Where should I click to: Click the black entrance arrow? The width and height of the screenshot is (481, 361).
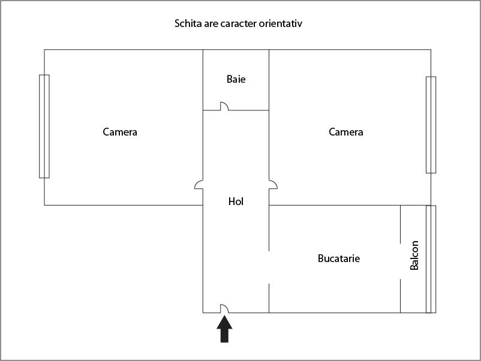(x=224, y=329)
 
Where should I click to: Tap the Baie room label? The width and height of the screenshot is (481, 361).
(x=236, y=79)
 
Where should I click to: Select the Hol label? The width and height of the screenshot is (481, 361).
(x=236, y=201)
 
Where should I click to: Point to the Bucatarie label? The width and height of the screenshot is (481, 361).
(x=338, y=258)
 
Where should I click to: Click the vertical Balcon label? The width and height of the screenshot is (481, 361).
(x=414, y=255)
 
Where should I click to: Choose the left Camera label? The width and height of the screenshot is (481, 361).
(x=120, y=132)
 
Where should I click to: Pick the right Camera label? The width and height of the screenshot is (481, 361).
(x=346, y=132)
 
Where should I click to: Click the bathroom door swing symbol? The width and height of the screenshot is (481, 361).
(x=224, y=107)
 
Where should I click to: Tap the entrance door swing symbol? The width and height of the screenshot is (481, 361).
(x=224, y=309)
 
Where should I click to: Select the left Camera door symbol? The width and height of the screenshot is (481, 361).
(x=199, y=185)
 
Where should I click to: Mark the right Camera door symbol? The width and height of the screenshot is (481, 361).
(x=273, y=185)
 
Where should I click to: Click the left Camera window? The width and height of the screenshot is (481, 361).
(x=44, y=126)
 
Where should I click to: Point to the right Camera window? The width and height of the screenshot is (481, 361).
(x=431, y=125)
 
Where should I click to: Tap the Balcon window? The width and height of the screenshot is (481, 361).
(x=431, y=259)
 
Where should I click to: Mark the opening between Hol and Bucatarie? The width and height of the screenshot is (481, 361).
(x=269, y=267)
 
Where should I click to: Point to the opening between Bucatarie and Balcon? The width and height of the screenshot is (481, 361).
(x=400, y=260)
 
